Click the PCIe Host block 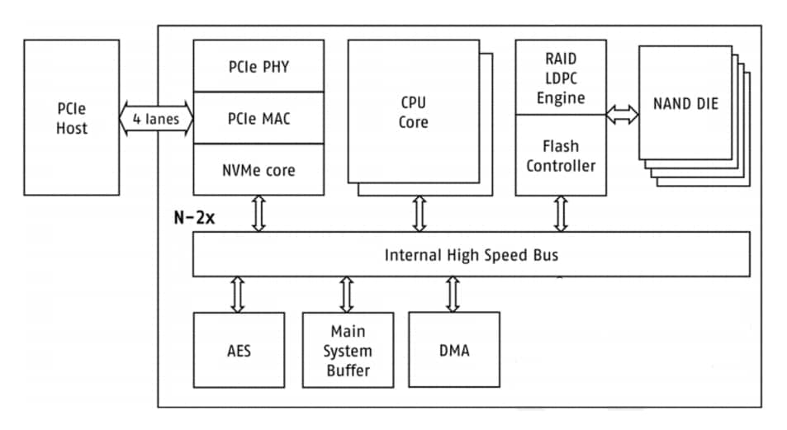coord(72,117)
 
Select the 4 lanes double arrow coord(156,118)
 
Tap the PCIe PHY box coord(258,66)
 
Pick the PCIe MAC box coord(258,118)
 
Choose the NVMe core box coord(258,170)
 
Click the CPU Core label coord(414,112)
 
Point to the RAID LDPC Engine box coord(560,78)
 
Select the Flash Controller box coord(560,156)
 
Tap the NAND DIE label coord(685,104)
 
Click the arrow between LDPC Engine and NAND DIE coord(622,116)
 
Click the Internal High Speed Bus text coord(471,254)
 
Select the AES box coord(238,350)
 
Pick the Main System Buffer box coord(347,350)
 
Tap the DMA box coord(454,350)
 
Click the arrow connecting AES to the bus coord(238,295)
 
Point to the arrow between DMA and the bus coord(453,294)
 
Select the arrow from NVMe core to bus coord(258,214)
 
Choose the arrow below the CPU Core coord(419,214)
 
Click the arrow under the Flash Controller coord(561,214)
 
